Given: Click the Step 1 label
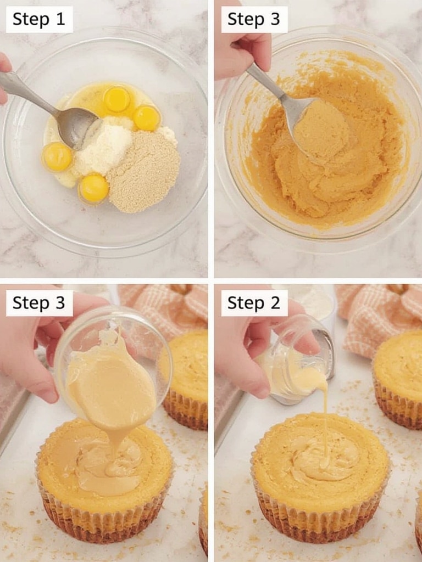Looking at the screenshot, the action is pyautogui.click(x=39, y=19).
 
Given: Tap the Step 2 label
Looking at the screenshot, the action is pyautogui.click(x=254, y=303).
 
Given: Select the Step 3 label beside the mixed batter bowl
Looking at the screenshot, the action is pyautogui.click(x=254, y=19).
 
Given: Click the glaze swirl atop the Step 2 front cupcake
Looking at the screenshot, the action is pyautogui.click(x=323, y=459).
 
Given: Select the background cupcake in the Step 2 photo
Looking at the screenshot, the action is pyautogui.click(x=398, y=379).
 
